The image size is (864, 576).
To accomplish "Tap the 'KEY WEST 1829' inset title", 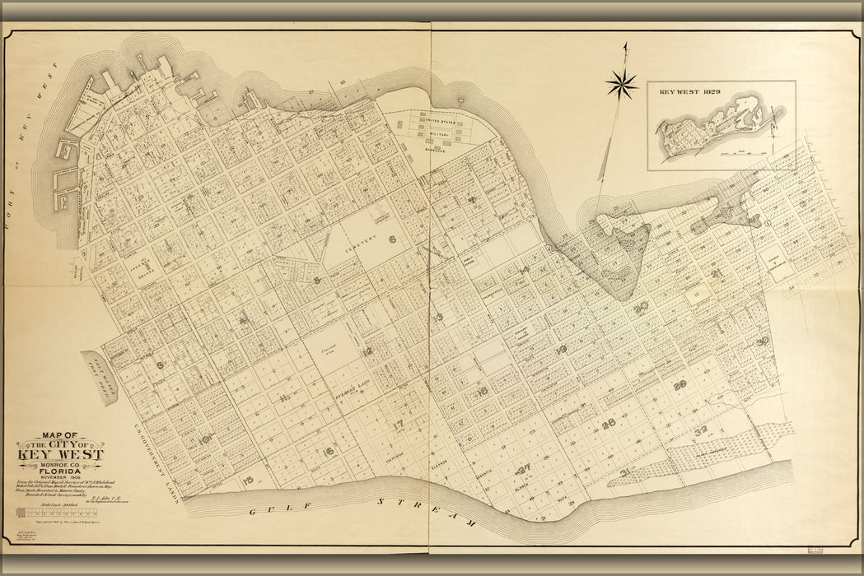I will pyautogui.click(x=690, y=92).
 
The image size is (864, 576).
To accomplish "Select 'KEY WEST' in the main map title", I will pyautogui.click(x=60, y=453).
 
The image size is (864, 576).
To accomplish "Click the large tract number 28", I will pyautogui.click(x=680, y=385).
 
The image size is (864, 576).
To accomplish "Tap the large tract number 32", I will pyautogui.click(x=701, y=430).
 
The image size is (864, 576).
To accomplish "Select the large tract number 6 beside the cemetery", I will pyautogui.click(x=393, y=240).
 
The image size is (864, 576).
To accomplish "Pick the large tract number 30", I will pyautogui.click(x=763, y=341).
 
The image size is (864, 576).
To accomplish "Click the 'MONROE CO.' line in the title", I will pyautogui.click(x=60, y=465).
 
